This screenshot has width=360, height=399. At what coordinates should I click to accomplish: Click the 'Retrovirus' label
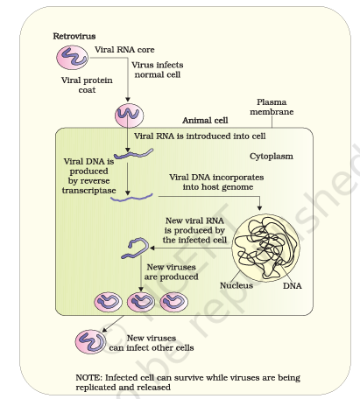point(74,36)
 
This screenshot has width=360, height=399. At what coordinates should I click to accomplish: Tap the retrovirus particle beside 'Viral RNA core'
point(72,58)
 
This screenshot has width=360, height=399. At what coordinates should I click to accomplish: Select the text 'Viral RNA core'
point(124,50)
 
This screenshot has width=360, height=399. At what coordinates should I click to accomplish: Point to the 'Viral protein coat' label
point(87,85)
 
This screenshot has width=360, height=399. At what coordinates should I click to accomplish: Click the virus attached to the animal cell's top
point(129,115)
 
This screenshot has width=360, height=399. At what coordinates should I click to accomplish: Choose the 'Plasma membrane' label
point(272,107)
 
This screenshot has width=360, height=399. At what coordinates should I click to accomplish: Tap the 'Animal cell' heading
point(205,120)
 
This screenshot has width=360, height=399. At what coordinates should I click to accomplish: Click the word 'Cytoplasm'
point(272,157)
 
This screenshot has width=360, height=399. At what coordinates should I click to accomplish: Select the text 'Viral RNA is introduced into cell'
point(200,136)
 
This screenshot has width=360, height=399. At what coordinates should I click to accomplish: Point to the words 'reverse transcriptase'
point(88,185)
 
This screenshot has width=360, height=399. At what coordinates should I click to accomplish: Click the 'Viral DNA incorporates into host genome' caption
point(216,182)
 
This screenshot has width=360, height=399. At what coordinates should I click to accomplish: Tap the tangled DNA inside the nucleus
point(265,248)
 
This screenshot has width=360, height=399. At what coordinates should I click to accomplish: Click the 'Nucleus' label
point(236,285)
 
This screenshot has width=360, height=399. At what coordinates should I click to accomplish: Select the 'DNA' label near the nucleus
point(293,285)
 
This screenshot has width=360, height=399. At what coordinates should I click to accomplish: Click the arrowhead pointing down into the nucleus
point(259,208)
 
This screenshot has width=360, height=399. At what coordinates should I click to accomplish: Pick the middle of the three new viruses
point(141,302)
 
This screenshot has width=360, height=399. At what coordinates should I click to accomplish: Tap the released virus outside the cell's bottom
point(90,342)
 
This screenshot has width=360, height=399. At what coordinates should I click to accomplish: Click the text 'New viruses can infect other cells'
point(152,343)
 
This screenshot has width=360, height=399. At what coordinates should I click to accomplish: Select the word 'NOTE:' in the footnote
point(89,378)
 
